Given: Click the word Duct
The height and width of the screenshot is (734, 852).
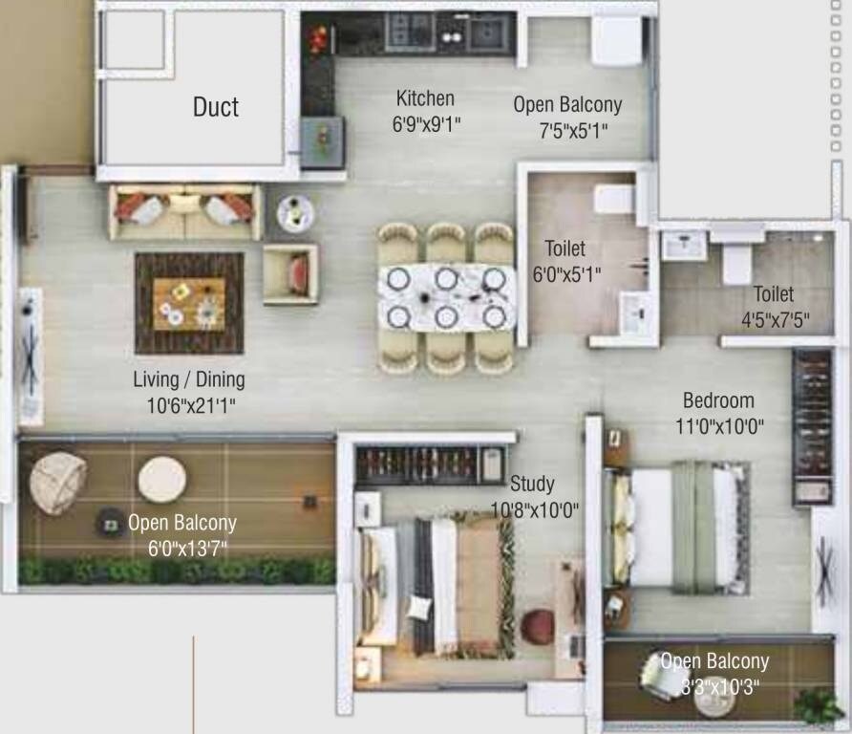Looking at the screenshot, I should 215,106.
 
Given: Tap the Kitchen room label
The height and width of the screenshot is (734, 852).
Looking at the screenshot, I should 425,98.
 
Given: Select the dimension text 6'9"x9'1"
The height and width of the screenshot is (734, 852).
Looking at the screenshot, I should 427,122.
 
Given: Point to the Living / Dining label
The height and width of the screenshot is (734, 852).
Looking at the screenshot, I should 188,379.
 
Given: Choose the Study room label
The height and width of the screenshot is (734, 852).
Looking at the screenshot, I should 532,483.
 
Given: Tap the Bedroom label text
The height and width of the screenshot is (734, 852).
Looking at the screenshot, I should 717,400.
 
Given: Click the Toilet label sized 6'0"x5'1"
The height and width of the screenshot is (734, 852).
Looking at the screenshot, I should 564,249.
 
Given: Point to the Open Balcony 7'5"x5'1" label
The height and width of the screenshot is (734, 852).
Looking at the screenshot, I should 567,105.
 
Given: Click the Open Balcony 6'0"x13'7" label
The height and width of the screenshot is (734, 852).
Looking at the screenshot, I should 181,523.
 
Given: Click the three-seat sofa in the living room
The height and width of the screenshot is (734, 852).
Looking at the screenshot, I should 185,211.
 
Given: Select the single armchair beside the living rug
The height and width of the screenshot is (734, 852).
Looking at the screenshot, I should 290,273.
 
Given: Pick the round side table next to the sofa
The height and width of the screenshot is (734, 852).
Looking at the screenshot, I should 295,212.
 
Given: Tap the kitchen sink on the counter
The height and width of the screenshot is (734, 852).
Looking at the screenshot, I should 488,33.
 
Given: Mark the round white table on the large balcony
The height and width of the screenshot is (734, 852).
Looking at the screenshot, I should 161,479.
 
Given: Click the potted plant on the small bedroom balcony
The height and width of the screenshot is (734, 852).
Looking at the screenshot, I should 819,707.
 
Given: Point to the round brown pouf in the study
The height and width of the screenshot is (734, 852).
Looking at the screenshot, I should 537,626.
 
